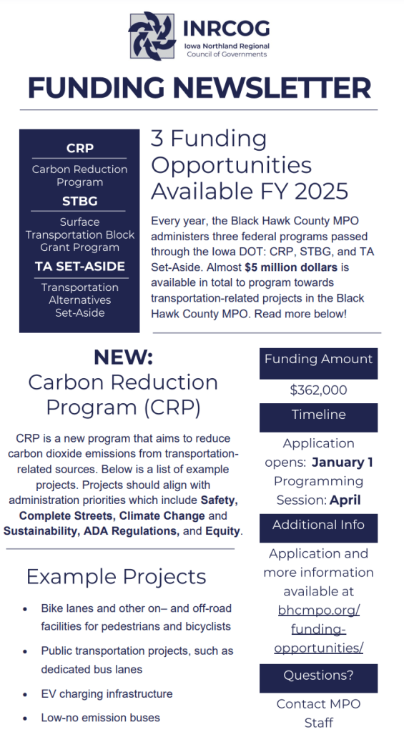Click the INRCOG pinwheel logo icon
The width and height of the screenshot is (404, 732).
pos(152,35)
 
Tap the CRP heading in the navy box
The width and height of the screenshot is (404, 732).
pos(79,149)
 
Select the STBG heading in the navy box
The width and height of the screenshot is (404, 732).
pos(79,201)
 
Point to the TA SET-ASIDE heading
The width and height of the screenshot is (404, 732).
pos(79,267)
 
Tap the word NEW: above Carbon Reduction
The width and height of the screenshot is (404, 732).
pos(123,357)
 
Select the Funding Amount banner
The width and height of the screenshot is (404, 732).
pos(318,360)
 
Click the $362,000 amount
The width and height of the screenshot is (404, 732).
pos(318,390)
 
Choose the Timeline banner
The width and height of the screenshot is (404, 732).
pos(318,415)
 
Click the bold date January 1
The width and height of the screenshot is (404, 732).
pos(342,462)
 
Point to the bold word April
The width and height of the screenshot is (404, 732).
pos(345,500)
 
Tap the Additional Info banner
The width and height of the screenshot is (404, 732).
pos(318,525)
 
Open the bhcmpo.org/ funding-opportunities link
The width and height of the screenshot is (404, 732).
pos(319,629)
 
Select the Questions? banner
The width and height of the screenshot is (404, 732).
pos(318,675)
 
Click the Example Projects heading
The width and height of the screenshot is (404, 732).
pos(116,576)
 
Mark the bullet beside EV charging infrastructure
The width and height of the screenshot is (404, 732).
pos(26,694)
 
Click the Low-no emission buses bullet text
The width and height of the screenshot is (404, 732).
pos(100,717)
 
